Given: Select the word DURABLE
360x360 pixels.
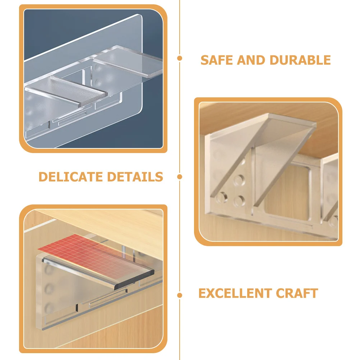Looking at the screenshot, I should point(300,60).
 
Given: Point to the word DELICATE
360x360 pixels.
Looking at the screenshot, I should point(71,177).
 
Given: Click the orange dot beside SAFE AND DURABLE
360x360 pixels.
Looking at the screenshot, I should point(180,58).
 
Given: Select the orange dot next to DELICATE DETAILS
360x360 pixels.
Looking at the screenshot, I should point(180,177).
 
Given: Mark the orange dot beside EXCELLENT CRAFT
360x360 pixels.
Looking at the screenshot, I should point(180,295).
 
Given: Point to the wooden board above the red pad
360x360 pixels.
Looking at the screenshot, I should point(108,223).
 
